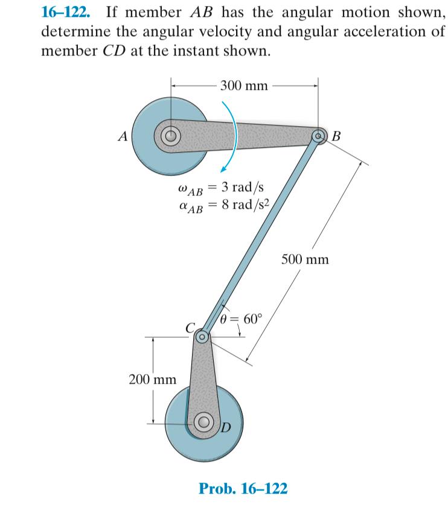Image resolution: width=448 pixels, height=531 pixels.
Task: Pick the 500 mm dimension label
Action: (306, 260)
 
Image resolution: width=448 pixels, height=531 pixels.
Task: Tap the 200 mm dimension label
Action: (153, 380)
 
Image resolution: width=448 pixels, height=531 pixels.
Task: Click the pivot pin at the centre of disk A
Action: (171, 135)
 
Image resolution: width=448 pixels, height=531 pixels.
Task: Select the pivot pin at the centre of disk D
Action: (204, 422)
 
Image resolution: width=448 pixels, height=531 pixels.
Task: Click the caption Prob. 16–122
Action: (243, 488)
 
